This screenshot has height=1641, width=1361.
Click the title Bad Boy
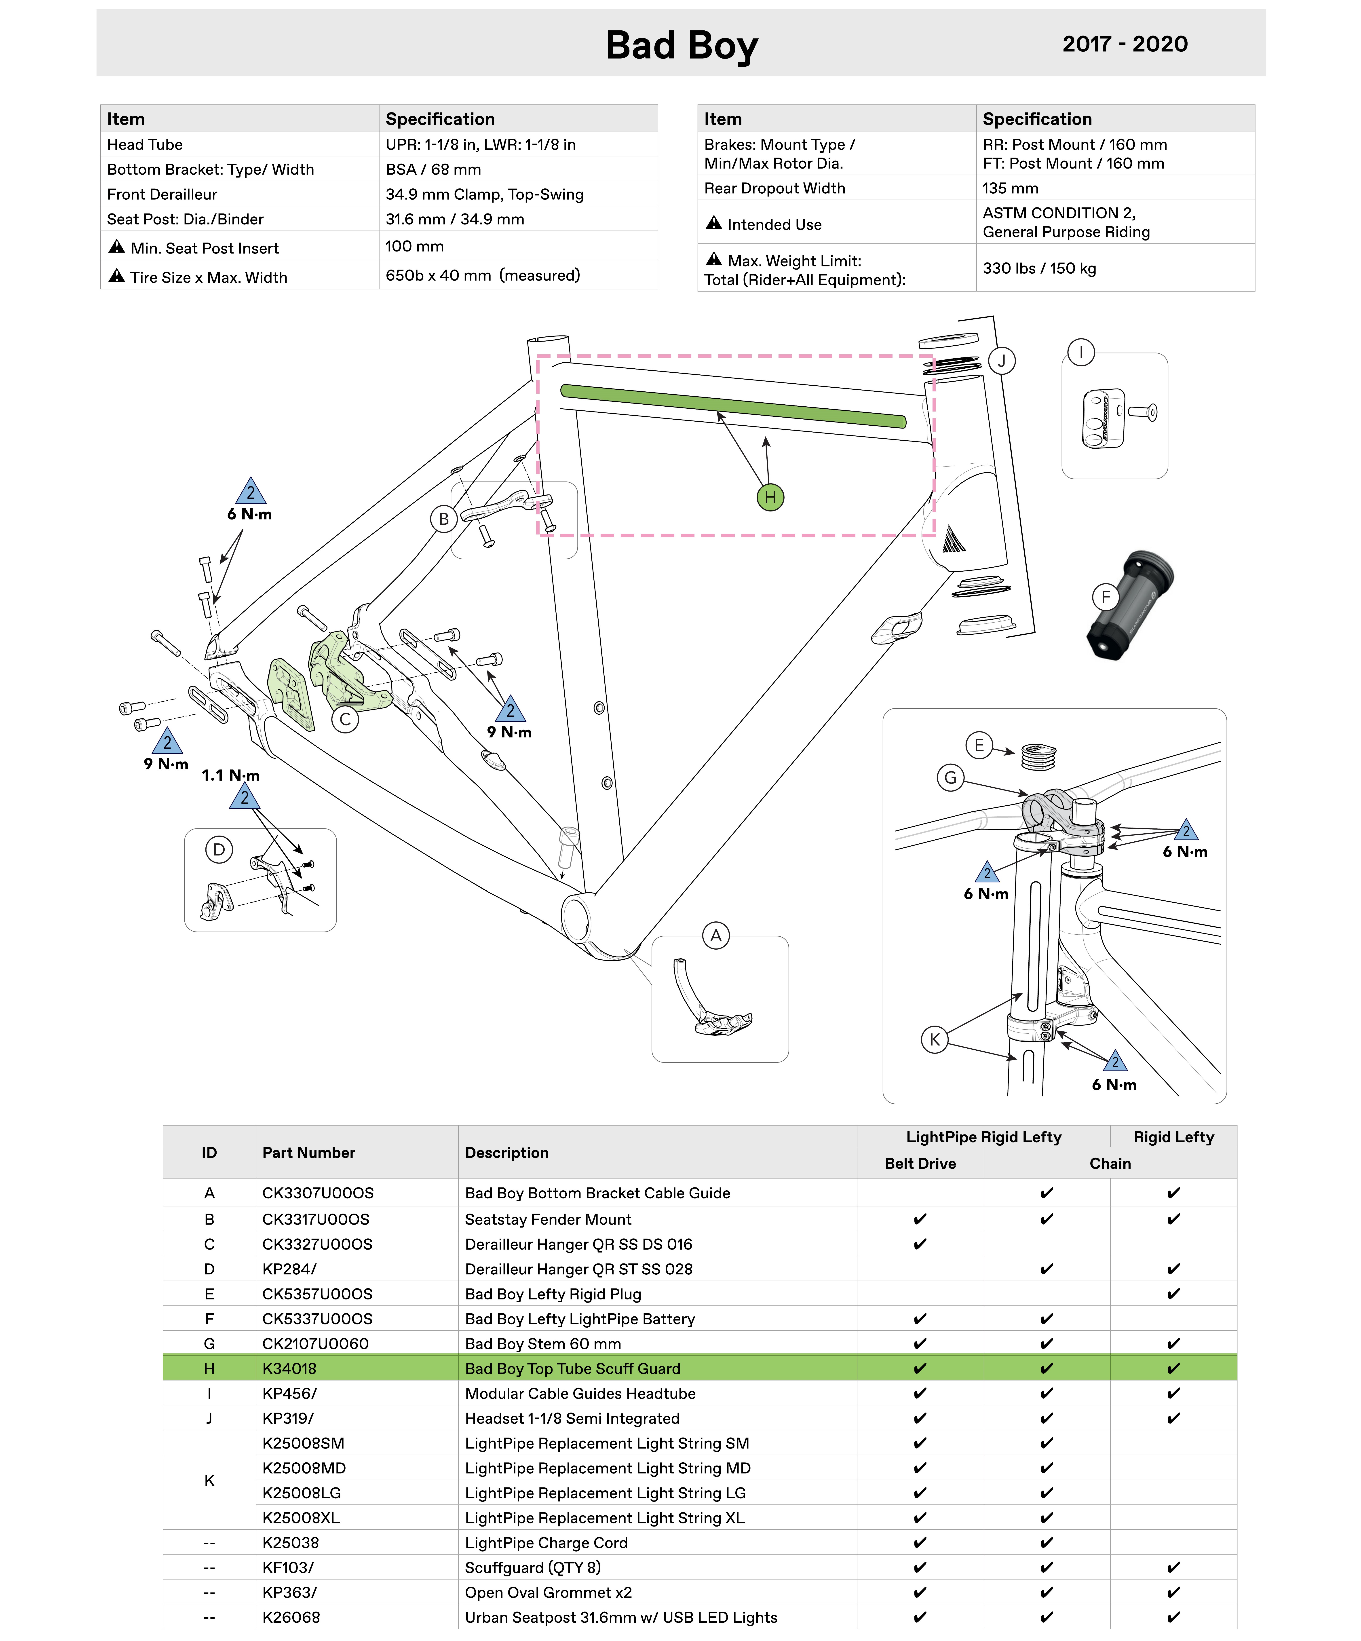[681, 45]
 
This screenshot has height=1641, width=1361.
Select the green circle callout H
[770, 497]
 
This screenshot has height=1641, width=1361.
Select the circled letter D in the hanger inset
[219, 849]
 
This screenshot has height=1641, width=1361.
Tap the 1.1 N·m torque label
[230, 775]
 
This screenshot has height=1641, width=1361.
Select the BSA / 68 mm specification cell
[433, 170]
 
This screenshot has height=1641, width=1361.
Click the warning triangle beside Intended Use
[713, 224]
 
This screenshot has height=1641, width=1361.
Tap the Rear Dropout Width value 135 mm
[1010, 188]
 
